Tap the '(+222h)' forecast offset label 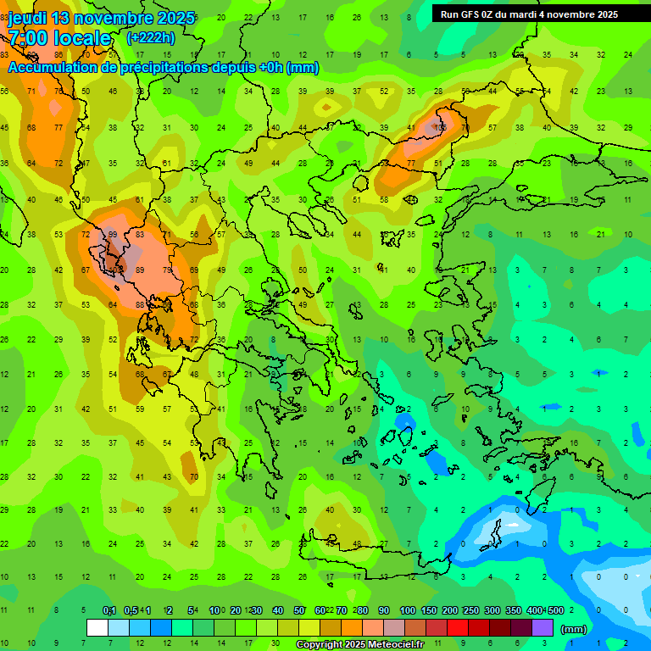coord(150,38)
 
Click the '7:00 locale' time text coord(59,38)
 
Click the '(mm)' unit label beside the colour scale coord(574,629)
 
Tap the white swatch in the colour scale coord(97,628)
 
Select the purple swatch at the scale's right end coord(542,628)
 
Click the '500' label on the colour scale coord(555,610)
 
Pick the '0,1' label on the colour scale coord(109,610)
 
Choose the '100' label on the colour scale coord(408,610)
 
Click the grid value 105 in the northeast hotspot coord(439,127)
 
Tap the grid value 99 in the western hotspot coord(112,235)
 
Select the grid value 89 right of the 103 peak coord(140,270)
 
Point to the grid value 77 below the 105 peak coord(411,163)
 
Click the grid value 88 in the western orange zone coord(140,305)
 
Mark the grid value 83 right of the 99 coord(140,235)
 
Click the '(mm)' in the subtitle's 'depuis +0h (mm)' coord(303,68)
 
